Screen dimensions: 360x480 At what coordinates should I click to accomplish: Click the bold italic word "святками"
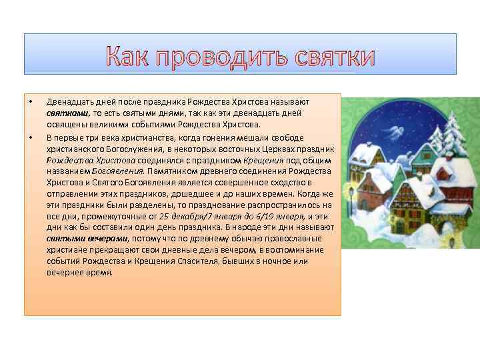(x=63, y=113)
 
